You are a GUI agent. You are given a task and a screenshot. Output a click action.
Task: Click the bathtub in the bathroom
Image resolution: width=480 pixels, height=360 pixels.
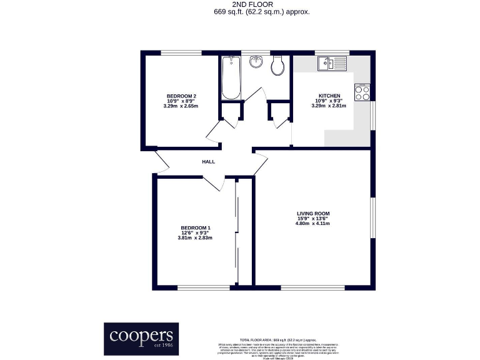pyautogui.click(x=231, y=77)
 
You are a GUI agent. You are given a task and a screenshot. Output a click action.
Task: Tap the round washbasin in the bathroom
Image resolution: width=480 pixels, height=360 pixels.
pyautogui.click(x=256, y=62)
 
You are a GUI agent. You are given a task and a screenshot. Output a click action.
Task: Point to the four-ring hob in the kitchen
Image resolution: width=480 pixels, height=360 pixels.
pyautogui.click(x=362, y=92)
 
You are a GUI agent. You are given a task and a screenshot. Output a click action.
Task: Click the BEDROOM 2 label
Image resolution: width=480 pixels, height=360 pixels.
pyautogui.click(x=181, y=95)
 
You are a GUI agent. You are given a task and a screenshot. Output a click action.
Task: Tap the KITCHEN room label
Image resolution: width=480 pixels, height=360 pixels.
pyautogui.click(x=329, y=95)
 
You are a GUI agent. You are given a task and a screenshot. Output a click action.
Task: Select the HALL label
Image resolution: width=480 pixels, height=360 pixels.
pyautogui.click(x=208, y=162)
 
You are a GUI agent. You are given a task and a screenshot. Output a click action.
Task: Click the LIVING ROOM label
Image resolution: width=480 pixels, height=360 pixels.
pyautogui.click(x=312, y=214)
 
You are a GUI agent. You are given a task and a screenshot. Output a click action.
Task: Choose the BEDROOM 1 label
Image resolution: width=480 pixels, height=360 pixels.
pyautogui.click(x=196, y=227)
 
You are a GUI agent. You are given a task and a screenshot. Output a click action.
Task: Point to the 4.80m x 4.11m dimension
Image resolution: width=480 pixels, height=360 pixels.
pyautogui.click(x=312, y=224)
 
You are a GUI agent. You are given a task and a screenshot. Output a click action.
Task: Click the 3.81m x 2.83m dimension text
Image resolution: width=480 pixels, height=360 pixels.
pyautogui.click(x=196, y=237)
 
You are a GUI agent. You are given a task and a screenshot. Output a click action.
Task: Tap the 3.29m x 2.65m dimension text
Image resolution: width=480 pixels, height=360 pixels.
pyautogui.click(x=181, y=106)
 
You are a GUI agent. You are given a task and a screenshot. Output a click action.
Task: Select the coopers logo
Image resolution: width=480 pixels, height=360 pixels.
pyautogui.click(x=141, y=338)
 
